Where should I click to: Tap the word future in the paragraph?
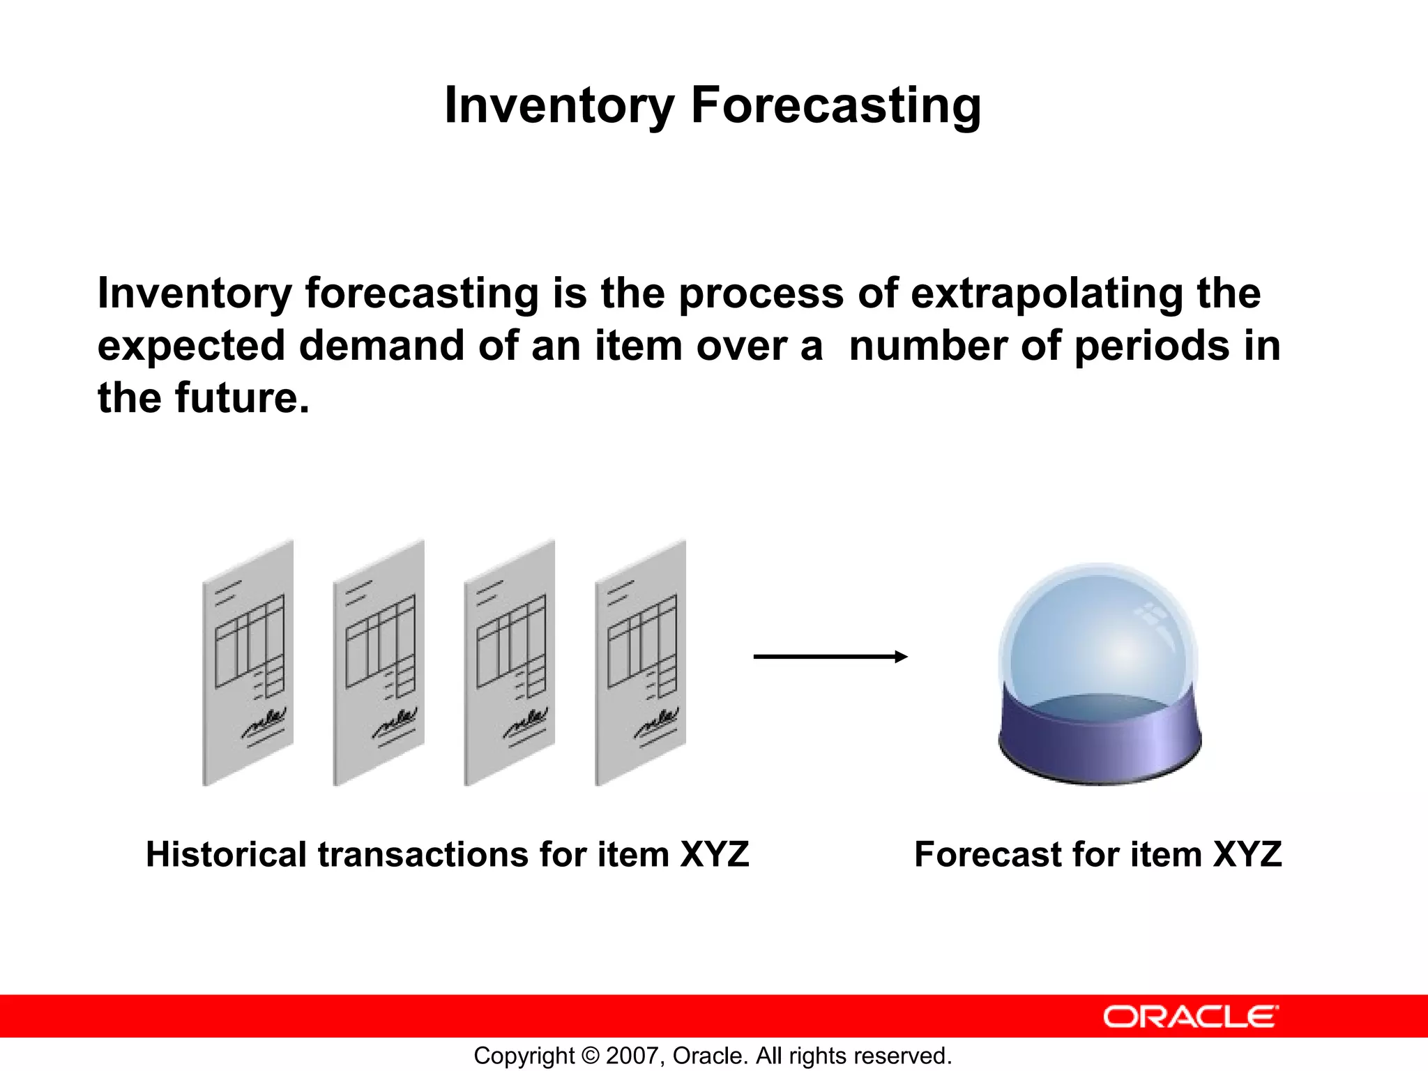(241, 398)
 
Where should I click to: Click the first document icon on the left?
(248, 662)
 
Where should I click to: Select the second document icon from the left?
(379, 662)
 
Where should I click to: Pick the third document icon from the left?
(510, 662)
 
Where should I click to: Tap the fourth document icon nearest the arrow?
(640, 662)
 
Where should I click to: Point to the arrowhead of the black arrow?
(901, 656)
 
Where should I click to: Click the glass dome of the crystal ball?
(1098, 635)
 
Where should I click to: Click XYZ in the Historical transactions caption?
(714, 854)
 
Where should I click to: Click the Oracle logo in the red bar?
(1190, 1017)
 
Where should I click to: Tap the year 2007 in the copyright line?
(630, 1056)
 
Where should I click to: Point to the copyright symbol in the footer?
(590, 1056)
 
